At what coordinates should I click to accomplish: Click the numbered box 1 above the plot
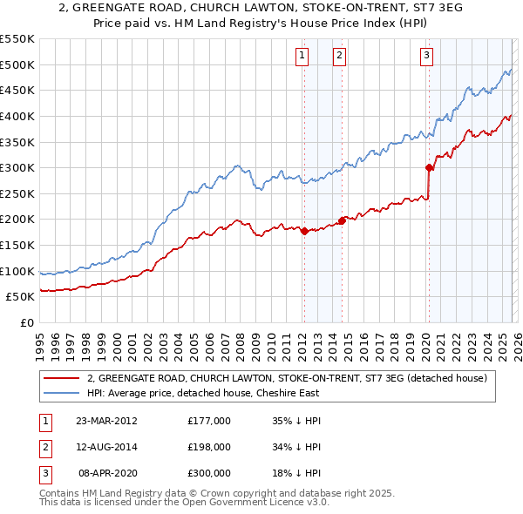point(302,57)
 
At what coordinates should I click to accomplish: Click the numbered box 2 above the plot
point(339,57)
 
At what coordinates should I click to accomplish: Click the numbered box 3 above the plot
point(426,57)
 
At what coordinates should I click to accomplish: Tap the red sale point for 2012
point(304,231)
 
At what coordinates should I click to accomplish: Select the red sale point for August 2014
point(342,220)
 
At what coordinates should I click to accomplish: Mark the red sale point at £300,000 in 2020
point(429,167)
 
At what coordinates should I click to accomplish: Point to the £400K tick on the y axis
point(17,116)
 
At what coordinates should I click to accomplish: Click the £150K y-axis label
point(17,245)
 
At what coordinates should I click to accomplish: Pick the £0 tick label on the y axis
point(26,322)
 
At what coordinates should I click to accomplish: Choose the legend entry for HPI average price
point(203,393)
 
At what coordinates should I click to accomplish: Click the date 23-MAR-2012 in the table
point(106,421)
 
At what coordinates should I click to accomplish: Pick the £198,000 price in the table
point(209,447)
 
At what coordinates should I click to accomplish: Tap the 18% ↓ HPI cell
point(298,473)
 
